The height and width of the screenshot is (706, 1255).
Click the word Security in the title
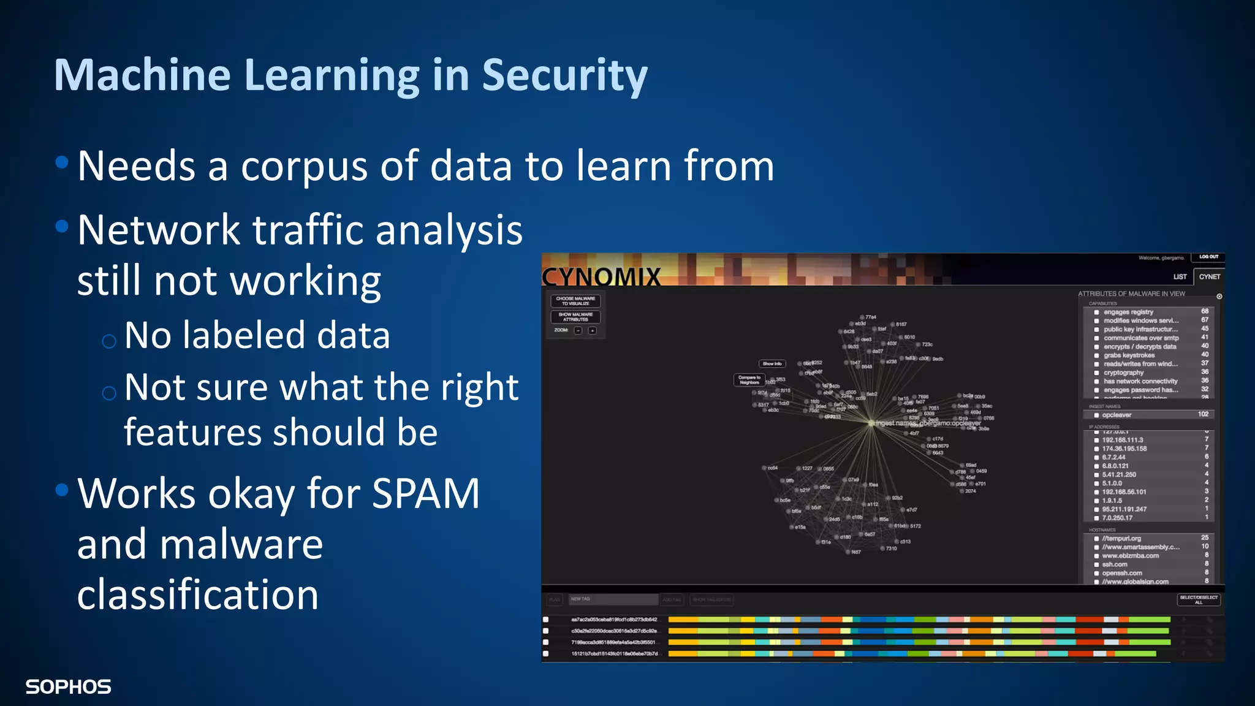[564, 75]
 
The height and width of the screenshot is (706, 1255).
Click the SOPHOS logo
[68, 687]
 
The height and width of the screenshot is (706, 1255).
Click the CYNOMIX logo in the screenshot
[601, 276]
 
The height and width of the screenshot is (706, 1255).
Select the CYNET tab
[1209, 276]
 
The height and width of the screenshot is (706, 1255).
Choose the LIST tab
[1180, 276]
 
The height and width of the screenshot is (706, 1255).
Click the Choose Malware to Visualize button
[575, 301]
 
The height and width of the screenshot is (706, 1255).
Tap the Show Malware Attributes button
[575, 317]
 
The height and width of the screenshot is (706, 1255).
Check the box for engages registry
[1096, 312]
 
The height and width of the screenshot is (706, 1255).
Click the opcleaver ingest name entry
[1117, 415]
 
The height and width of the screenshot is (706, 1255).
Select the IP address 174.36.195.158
[1124, 449]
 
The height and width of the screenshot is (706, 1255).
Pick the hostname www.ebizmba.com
[1130, 556]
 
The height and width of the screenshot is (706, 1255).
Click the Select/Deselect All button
[1199, 599]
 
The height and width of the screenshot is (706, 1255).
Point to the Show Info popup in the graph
[772, 363]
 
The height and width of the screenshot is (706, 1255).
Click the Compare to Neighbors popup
[749, 380]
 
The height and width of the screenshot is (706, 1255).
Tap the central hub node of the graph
[871, 422]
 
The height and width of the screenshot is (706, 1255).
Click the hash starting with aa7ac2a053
[613, 620]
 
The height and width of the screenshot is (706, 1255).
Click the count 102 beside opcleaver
[1203, 414]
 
